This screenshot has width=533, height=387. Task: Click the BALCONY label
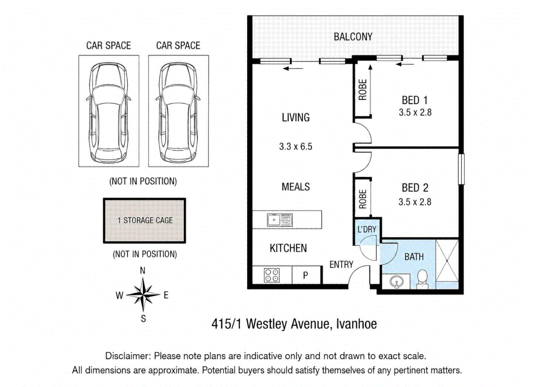[353, 37]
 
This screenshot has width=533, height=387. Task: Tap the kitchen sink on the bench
[280, 220]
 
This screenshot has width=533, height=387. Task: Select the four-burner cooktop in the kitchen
[272, 275]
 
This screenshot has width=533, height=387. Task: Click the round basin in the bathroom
[397, 282]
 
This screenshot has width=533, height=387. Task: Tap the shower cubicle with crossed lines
[447, 261]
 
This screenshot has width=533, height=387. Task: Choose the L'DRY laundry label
[367, 229]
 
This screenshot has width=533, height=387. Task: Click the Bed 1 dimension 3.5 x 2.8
[415, 113]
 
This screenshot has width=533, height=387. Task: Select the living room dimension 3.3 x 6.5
[295, 147]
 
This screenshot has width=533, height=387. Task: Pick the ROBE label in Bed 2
[363, 199]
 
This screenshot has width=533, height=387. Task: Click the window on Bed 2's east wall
[461, 169]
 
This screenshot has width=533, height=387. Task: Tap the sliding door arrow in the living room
[293, 68]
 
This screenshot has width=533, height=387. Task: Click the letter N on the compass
[143, 271]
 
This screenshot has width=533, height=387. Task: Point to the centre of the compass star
[143, 295]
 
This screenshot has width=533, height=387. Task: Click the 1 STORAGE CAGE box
[144, 220]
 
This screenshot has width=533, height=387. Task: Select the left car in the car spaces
[109, 113]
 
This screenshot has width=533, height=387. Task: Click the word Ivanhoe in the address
[356, 324]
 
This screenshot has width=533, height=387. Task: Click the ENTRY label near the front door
[341, 264]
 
